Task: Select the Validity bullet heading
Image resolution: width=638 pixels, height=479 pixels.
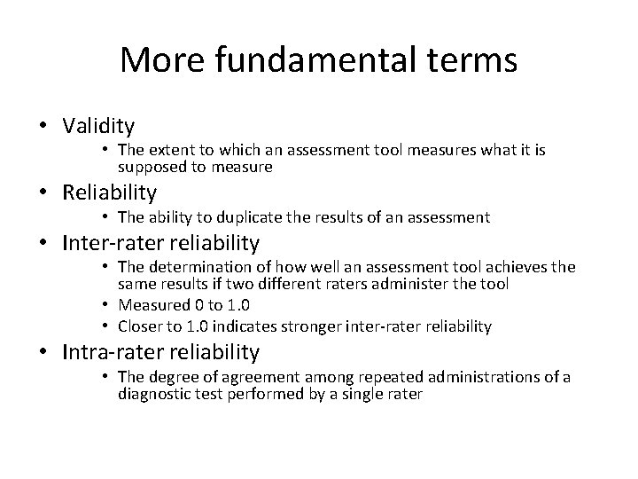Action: (97, 126)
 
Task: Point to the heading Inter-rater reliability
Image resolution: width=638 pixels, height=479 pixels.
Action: (160, 241)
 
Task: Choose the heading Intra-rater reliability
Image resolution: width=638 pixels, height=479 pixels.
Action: (160, 352)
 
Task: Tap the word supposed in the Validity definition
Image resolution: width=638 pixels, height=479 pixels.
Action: (147, 166)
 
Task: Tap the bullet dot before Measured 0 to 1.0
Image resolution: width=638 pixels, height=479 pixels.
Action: (105, 305)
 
